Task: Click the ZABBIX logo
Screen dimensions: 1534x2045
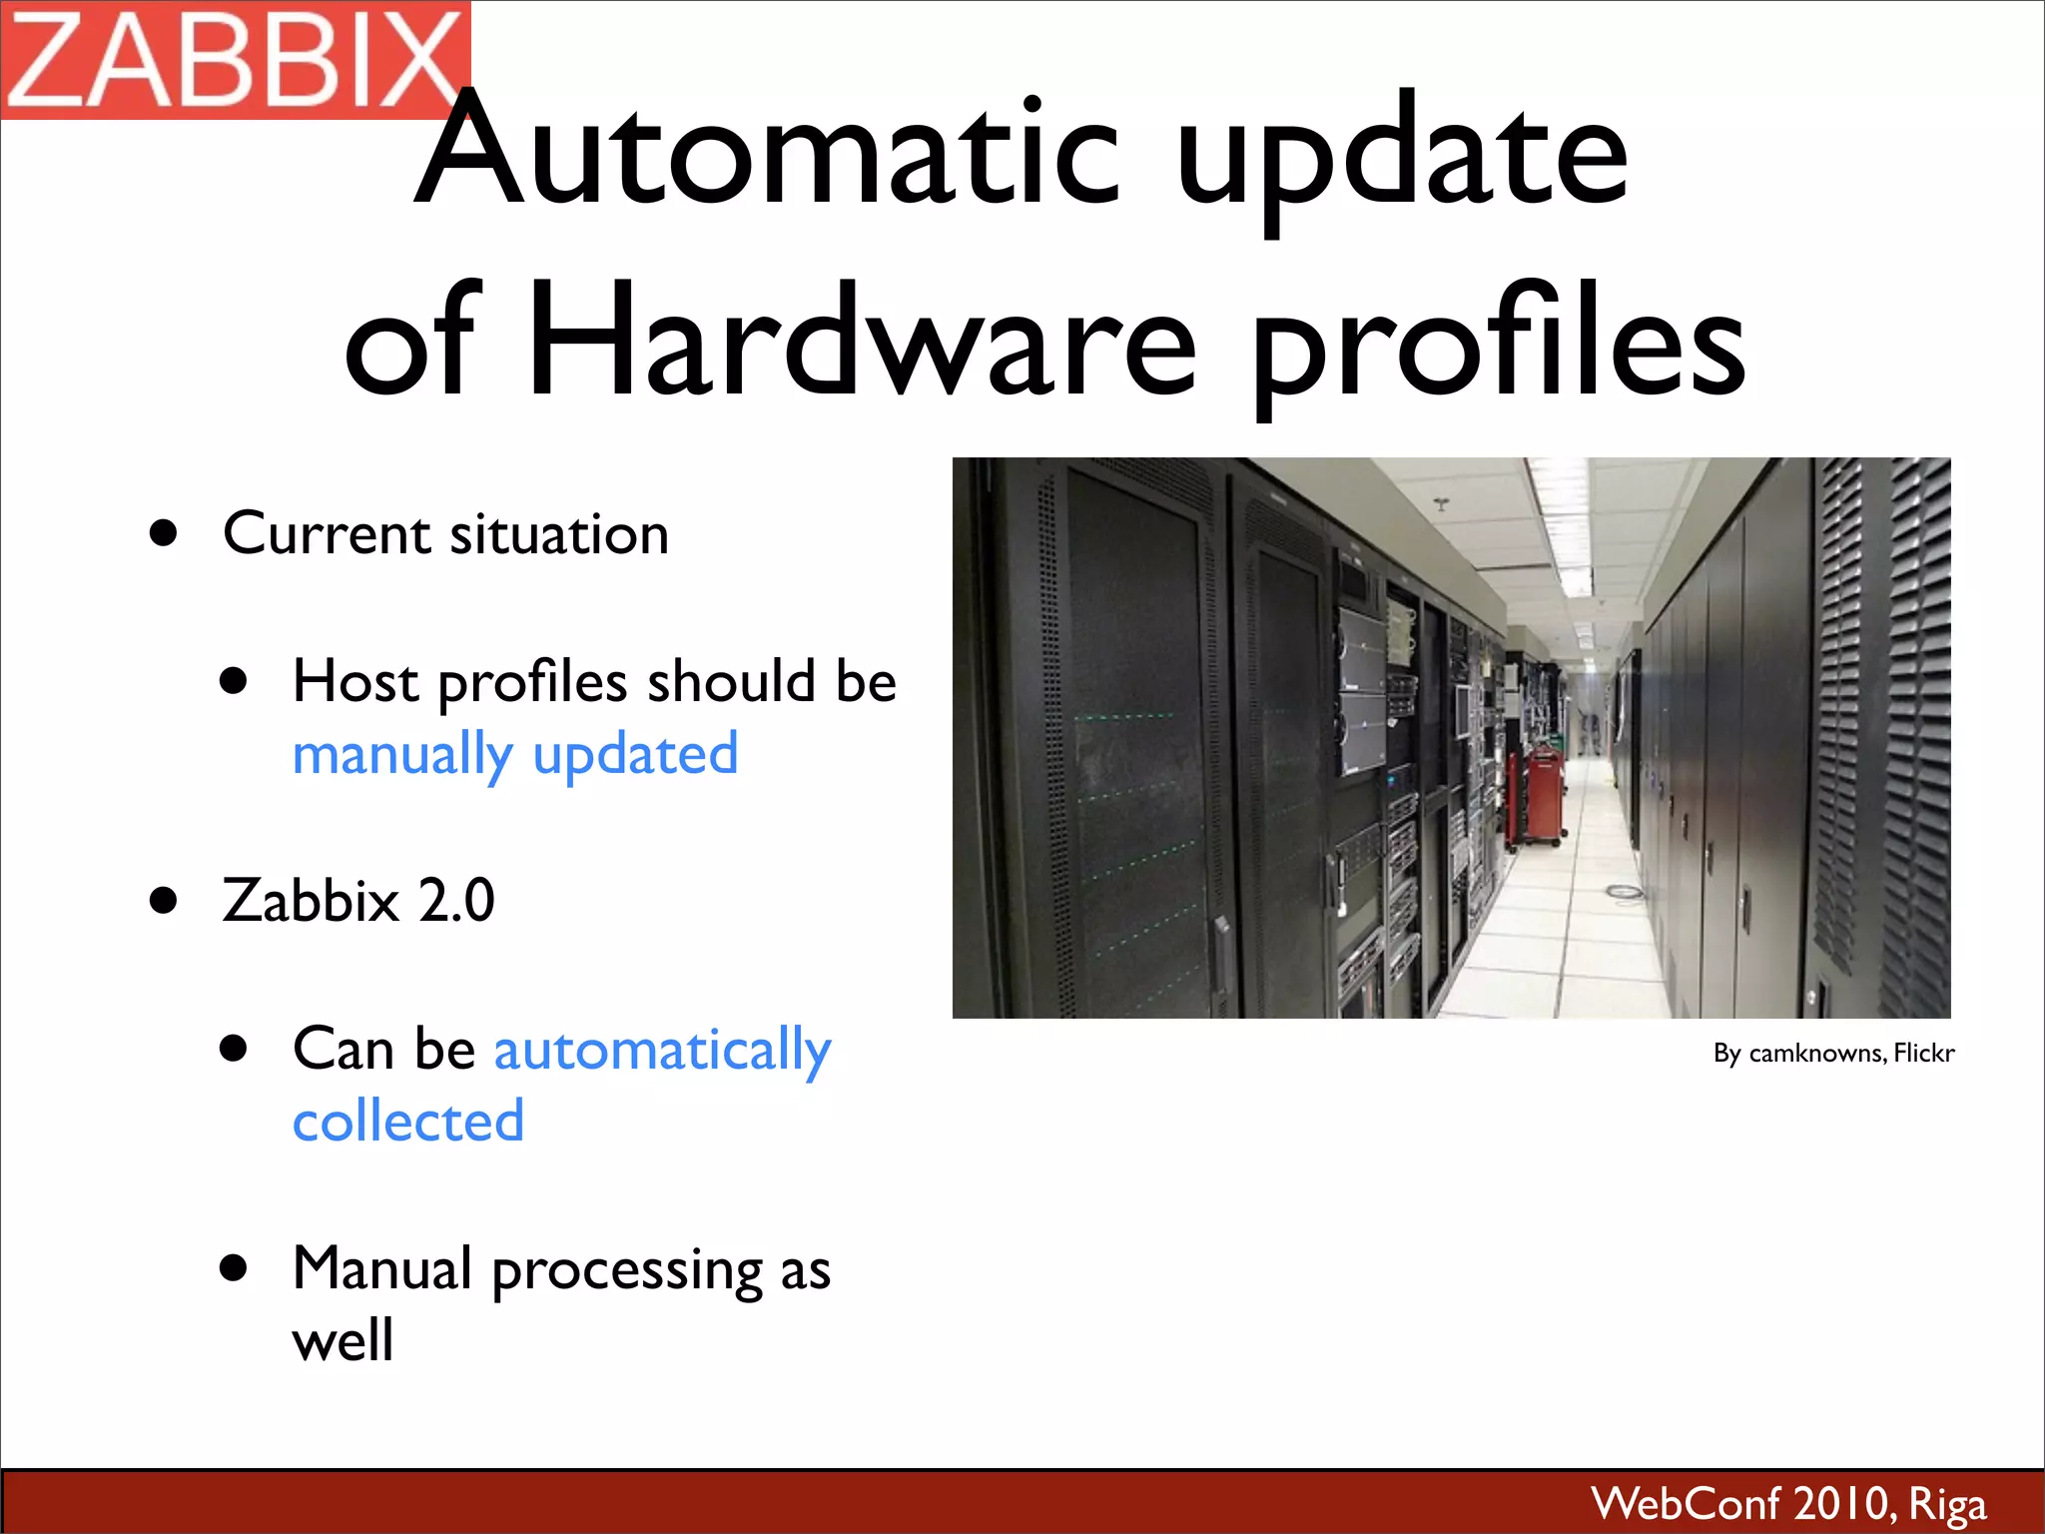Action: [235, 60]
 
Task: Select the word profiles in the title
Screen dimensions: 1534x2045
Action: [1498, 345]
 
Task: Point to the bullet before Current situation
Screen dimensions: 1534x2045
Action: [164, 532]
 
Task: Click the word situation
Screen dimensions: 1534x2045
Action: [559, 533]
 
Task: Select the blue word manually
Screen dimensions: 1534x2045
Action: [402, 755]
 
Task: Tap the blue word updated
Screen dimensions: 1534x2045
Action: [635, 755]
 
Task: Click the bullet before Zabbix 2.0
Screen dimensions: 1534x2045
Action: [164, 900]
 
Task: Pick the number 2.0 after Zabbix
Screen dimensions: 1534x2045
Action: [456, 900]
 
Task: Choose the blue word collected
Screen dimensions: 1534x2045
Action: [408, 1121]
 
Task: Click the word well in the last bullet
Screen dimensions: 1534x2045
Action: [342, 1340]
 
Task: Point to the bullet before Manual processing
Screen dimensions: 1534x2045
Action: [234, 1268]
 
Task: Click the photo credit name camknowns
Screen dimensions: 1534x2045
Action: [1816, 1054]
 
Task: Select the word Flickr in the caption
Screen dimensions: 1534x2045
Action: [1923, 1053]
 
